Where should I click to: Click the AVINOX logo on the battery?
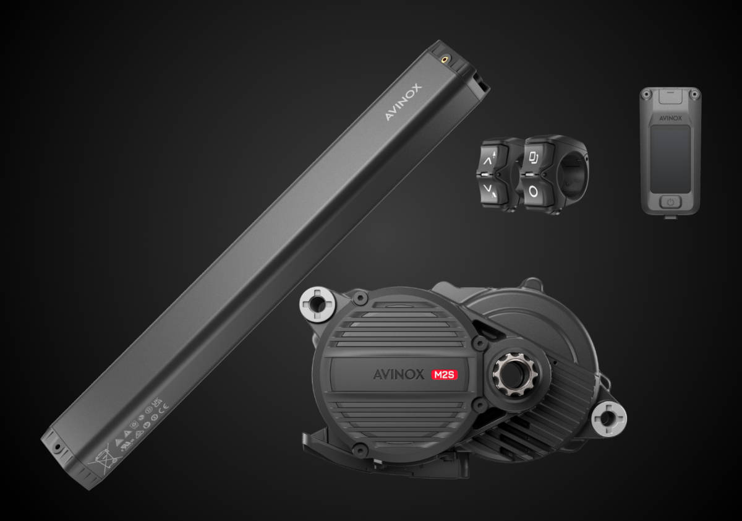click(403, 102)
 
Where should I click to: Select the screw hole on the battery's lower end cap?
click(56, 446)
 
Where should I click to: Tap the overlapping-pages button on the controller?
click(533, 158)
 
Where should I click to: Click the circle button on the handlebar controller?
click(533, 191)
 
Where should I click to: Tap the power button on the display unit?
click(670, 202)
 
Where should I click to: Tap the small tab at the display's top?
click(670, 95)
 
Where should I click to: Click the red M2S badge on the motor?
click(445, 374)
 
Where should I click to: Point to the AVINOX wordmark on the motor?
click(399, 374)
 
